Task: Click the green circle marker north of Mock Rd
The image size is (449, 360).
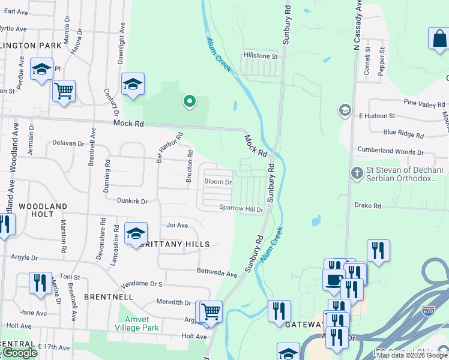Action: click(190, 101)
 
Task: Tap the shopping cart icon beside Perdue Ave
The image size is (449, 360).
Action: click(64, 91)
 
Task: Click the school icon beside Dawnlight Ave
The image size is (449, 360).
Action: click(133, 84)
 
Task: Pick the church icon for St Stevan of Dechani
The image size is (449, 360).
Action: click(357, 173)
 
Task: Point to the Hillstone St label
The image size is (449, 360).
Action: click(261, 56)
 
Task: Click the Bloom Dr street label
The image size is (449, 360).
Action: click(218, 182)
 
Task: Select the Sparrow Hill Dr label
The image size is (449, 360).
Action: click(241, 209)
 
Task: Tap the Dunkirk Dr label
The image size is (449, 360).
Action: click(132, 202)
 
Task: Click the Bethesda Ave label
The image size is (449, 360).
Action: click(217, 272)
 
